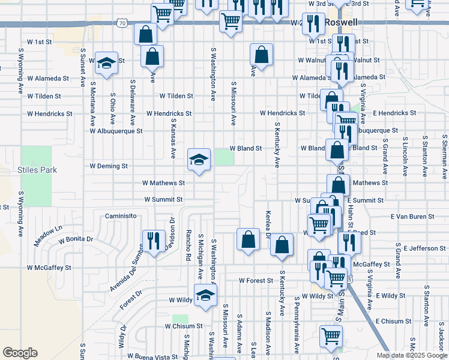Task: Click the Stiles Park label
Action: coord(39,170)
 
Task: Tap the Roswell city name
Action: coord(341,22)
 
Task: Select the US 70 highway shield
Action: coord(122,23)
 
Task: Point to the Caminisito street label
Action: coord(122,215)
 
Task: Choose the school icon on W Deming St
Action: coord(199,160)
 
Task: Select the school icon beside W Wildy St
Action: coord(205,295)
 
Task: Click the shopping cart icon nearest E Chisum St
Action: coord(331,337)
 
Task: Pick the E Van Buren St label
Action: coord(412,216)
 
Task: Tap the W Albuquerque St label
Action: coord(116,130)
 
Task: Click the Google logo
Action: coord(20,353)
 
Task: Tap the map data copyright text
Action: coord(411,355)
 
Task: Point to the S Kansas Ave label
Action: coord(172,142)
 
